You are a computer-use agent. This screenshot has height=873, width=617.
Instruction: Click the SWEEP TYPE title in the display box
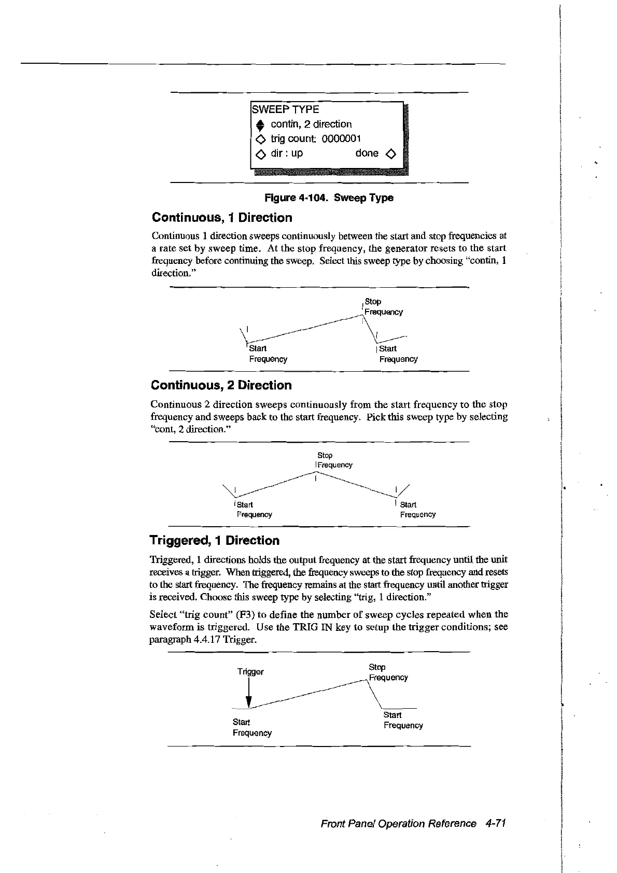(285, 109)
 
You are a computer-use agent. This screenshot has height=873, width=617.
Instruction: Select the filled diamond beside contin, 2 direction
(260, 124)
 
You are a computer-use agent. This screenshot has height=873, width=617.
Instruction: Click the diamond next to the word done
(391, 153)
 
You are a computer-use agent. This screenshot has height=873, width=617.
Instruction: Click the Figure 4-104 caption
(329, 198)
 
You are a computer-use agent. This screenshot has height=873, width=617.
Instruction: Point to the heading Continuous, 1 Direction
(221, 218)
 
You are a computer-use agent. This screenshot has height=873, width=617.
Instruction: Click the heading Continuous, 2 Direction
(221, 385)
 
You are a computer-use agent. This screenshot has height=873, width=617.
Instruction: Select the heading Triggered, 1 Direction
(214, 541)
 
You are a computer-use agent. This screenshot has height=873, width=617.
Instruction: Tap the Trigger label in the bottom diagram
(250, 672)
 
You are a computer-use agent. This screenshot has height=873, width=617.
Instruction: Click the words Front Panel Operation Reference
(398, 824)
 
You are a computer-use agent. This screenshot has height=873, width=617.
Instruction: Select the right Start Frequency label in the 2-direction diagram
(417, 510)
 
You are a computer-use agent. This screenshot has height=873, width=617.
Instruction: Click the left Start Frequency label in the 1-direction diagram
(268, 354)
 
